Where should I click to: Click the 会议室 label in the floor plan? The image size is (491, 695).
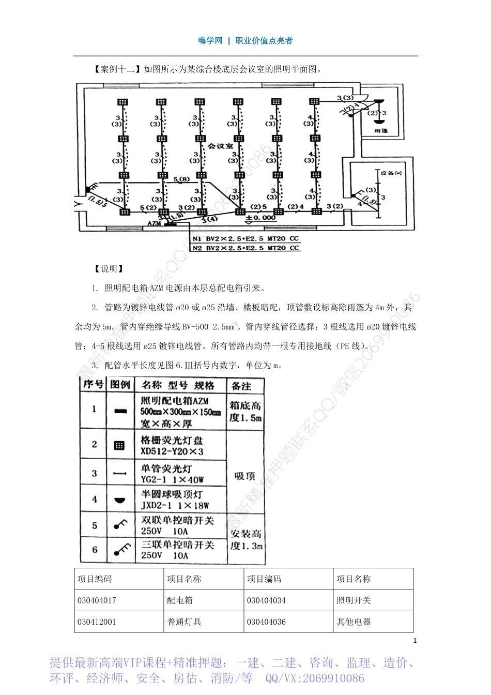(x=221, y=146)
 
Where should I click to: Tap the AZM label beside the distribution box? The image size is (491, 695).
(x=154, y=223)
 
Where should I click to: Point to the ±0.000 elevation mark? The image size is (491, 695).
(x=260, y=218)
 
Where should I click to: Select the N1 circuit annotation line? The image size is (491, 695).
(x=245, y=239)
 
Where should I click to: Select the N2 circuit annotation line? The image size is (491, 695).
(x=245, y=248)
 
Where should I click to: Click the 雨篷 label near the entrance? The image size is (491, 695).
(x=381, y=131)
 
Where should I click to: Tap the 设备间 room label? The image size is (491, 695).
(x=391, y=173)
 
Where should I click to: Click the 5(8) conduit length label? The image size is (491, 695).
(x=181, y=180)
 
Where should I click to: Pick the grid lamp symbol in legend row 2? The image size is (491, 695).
(x=119, y=445)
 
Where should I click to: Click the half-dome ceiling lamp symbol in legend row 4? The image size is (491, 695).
(x=119, y=500)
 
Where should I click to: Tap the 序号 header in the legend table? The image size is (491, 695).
(x=94, y=384)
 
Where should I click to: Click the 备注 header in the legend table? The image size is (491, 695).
(x=241, y=386)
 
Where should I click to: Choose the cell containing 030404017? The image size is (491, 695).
(x=97, y=600)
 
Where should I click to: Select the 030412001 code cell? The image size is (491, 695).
(x=97, y=622)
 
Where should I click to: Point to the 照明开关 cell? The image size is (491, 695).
(x=354, y=600)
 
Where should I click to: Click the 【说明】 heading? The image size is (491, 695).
(x=109, y=268)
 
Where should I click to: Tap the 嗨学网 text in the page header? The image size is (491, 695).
(x=210, y=40)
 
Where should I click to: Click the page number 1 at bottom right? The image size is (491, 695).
(x=415, y=641)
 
